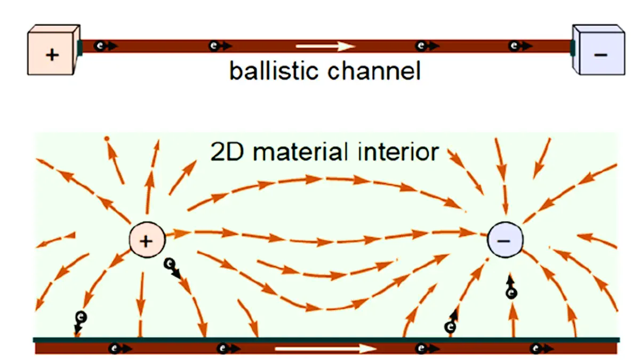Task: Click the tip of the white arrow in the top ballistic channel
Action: click(355, 46)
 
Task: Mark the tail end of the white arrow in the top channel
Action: click(296, 46)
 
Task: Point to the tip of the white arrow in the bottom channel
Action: click(377, 349)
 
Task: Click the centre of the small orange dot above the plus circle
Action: click(107, 139)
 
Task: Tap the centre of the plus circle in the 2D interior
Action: click(147, 240)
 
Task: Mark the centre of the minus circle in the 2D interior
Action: click(505, 240)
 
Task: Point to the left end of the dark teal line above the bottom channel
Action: click(33, 340)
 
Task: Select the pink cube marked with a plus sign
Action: click(54, 50)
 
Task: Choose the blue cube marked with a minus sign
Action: click(598, 50)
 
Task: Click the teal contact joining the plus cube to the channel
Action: click(80, 48)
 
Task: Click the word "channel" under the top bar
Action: click(374, 71)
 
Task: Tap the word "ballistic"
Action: click(274, 71)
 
